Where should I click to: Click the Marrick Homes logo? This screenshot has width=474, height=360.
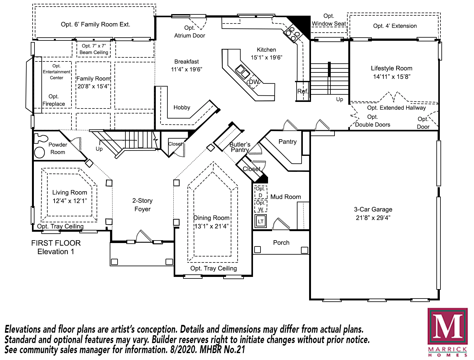tap(447, 332)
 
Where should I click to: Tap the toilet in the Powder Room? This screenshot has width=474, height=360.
tap(40, 138)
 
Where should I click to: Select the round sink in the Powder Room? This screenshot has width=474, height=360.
tap(39, 152)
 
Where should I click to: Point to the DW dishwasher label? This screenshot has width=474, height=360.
tap(254, 82)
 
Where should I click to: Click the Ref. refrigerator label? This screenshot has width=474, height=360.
tap(303, 92)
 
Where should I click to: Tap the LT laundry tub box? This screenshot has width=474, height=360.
tap(261, 221)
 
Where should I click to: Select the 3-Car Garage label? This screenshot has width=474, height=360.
tap(373, 209)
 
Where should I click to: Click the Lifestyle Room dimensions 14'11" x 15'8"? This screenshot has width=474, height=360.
tap(392, 77)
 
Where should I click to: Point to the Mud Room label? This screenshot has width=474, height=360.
tap(286, 197)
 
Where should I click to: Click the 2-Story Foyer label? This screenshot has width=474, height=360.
tap(142, 205)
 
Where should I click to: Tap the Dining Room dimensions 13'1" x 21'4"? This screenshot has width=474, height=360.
tap(211, 226)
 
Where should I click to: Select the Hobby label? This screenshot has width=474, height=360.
tap(182, 108)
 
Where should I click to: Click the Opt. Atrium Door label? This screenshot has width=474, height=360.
tap(190, 32)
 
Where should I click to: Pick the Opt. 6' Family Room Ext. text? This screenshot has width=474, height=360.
tap(95, 24)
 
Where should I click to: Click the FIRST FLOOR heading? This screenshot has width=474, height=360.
tap(56, 243)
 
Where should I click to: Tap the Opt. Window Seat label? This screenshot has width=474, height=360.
tap(329, 20)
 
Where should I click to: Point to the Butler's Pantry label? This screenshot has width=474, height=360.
tap(240, 147)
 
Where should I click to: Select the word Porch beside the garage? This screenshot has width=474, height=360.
tap(281, 243)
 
